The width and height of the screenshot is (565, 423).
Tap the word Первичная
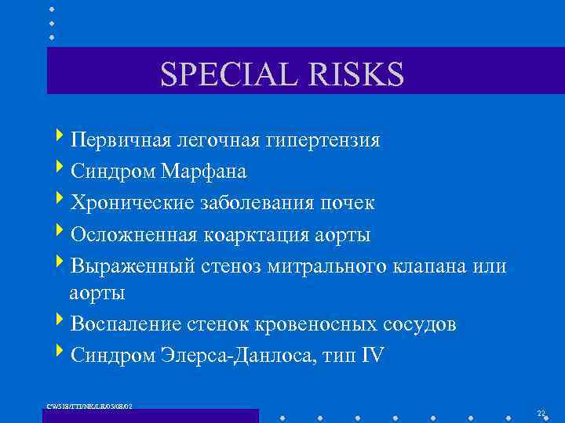pos(119,140)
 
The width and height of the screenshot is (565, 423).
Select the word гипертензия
pos(323,140)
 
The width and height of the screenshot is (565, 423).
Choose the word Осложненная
pos(133,234)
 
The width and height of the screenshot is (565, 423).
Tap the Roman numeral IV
pos(372,355)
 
